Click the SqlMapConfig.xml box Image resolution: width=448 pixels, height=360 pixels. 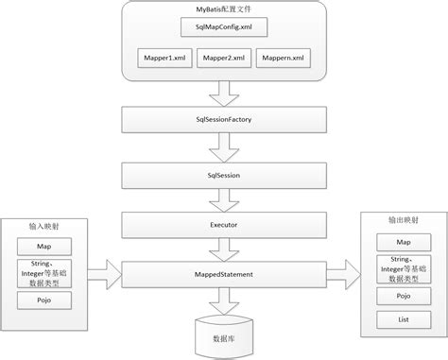pos(224,27)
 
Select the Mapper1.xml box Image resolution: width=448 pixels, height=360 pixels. pos(164,58)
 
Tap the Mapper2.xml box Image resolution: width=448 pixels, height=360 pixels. pos(224,58)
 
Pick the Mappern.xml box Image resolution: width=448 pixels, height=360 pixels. pos(284,58)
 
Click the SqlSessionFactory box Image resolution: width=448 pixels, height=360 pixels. pos(224,120)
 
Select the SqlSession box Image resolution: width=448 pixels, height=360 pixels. pos(224,176)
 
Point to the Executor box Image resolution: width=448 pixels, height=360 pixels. pos(224,225)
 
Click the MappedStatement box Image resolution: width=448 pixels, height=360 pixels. pos(224,274)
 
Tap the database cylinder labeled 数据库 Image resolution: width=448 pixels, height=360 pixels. pos(224,337)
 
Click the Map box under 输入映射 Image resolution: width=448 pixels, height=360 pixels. pos(44,247)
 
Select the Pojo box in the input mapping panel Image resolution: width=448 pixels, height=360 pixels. pos(44,300)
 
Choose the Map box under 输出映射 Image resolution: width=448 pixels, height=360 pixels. pos(404,242)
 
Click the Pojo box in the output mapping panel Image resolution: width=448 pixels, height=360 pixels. pos(404,296)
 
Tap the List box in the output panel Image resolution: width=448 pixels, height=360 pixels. pos(404,319)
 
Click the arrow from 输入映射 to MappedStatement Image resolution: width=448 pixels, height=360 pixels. pos(105,275)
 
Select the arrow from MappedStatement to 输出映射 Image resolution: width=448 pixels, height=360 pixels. pos(344,275)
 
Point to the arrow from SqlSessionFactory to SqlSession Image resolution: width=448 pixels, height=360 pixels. pos(224,147)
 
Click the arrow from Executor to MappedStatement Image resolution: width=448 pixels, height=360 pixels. pos(224,249)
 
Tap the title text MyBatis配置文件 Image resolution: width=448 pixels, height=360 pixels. pos(223,9)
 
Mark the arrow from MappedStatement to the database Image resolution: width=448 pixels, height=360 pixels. pos(224,301)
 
